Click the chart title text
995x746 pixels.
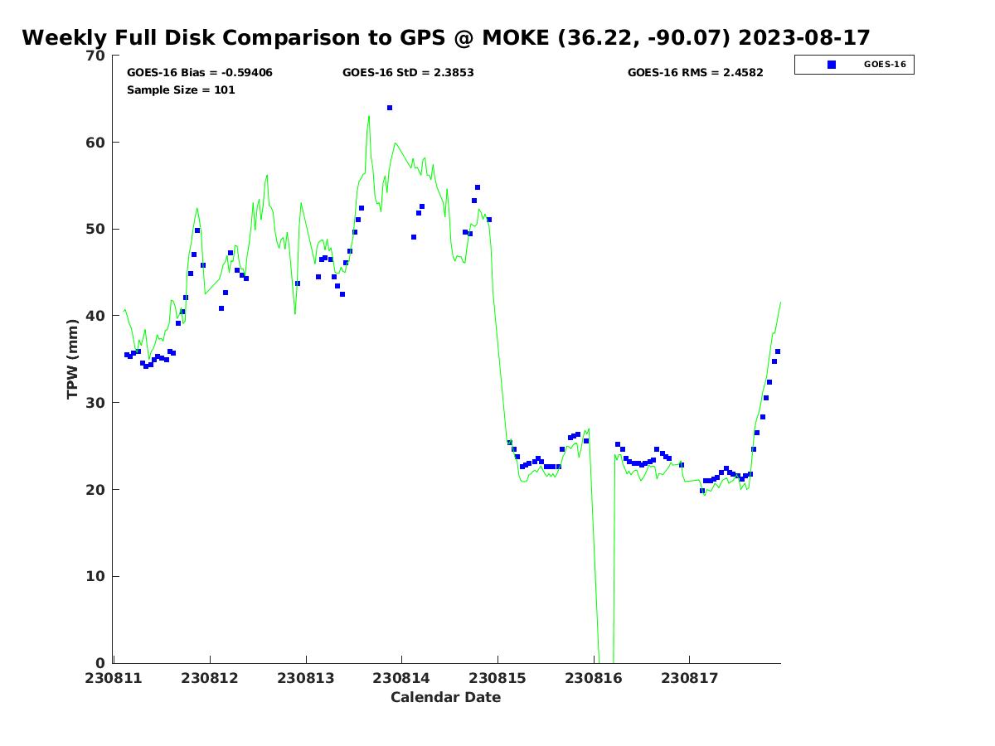pos(446,37)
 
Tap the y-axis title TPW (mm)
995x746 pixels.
pos(73,359)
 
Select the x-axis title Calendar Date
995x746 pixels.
pos(446,697)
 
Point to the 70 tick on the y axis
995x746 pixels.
pos(96,56)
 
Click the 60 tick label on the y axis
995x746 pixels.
pos(96,143)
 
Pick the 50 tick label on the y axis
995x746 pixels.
pos(96,229)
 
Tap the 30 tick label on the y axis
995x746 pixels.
pos(96,403)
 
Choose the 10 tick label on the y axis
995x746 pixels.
pos(96,576)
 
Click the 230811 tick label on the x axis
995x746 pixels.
pos(114,678)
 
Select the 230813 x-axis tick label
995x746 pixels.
pos(306,678)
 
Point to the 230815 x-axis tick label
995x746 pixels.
pos(498,678)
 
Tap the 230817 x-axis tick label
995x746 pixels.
pos(689,678)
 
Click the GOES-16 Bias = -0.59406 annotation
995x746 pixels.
pos(200,73)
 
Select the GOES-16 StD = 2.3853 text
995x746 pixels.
pos(408,73)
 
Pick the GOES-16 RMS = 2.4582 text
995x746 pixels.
pos(695,73)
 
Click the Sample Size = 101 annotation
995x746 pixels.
pos(181,90)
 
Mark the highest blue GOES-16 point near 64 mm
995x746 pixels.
pos(390,108)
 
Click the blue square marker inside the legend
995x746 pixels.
pos(832,65)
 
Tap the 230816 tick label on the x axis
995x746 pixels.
pos(594,678)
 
